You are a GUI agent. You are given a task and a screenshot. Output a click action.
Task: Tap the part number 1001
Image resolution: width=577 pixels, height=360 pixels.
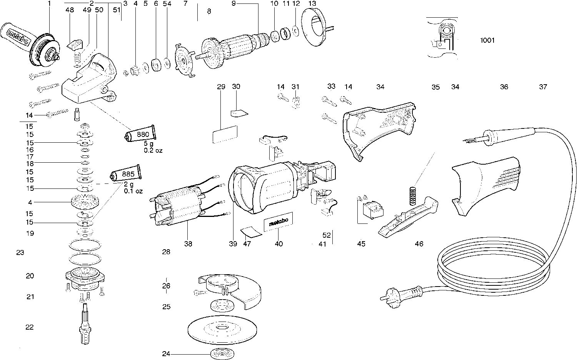tap(487, 40)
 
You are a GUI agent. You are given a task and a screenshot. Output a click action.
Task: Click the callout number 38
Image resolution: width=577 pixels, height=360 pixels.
tap(188, 243)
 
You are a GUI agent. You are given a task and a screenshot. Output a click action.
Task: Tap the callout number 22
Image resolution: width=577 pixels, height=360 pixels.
tap(30, 327)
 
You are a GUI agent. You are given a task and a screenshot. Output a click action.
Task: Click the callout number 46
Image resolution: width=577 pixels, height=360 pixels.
tap(419, 243)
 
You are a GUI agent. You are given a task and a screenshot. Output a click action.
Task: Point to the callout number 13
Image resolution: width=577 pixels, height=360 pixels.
tap(312, 3)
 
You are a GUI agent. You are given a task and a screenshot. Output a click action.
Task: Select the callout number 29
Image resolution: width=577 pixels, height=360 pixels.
tap(221, 87)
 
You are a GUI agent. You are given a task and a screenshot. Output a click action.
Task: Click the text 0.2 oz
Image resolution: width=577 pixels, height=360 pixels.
tap(153, 150)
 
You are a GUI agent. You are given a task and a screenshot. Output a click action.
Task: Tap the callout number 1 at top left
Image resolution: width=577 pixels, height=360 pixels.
tap(49, 3)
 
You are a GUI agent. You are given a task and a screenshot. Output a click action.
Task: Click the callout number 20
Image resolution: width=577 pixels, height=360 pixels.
tap(30, 276)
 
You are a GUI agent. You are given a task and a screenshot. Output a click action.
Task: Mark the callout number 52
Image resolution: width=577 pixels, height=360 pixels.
tap(327, 235)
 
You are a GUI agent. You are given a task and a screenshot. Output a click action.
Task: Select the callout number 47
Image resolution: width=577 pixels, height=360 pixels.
tap(247, 243)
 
